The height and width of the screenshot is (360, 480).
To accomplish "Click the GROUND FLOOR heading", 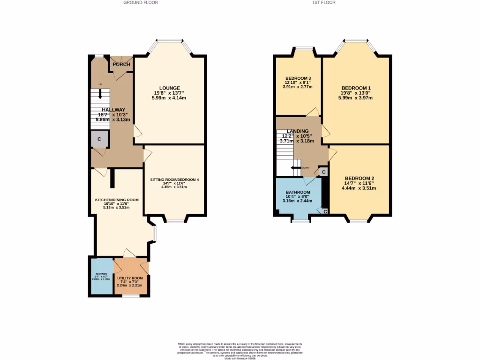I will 141,2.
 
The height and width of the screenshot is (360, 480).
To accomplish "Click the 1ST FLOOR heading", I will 324,2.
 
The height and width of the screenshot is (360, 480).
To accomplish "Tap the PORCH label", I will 121,64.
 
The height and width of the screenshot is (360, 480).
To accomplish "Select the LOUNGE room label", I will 169,88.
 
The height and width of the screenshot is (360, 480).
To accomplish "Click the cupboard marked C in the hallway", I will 99,139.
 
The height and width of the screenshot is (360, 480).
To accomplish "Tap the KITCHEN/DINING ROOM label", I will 117,200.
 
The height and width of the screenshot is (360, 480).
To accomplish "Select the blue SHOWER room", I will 102,277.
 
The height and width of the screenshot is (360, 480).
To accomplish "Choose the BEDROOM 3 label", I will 298,78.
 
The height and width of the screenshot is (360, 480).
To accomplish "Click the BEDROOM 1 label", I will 356,88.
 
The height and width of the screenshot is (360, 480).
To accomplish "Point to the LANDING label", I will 298,131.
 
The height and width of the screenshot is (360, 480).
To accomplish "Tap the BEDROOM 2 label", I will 360,178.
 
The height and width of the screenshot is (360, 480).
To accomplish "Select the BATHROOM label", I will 298,192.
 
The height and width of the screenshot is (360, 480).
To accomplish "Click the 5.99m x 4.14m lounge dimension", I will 169,98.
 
